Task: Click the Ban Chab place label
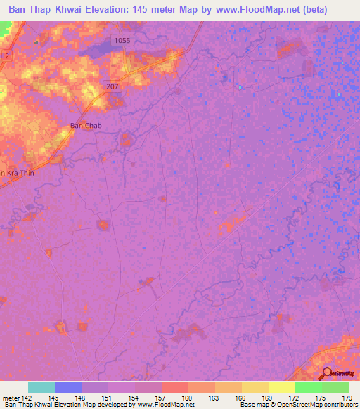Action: [x=86, y=126]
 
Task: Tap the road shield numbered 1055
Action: [x=122, y=41]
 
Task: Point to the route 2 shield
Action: [x=6, y=55]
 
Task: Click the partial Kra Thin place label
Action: [x=17, y=173]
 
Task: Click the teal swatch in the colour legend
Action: [x=41, y=387]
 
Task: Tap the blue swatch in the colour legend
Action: [x=68, y=387]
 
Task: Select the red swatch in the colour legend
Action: [x=174, y=387]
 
